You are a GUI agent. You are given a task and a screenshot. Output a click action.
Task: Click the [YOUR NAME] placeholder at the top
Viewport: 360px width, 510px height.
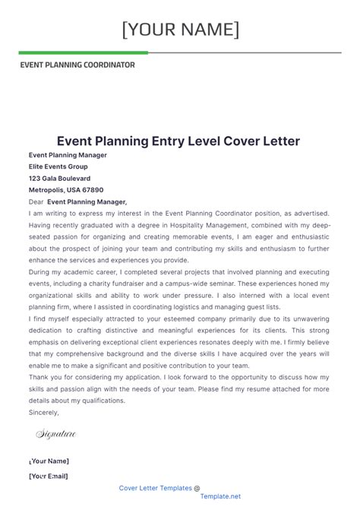pyautogui.click(x=180, y=30)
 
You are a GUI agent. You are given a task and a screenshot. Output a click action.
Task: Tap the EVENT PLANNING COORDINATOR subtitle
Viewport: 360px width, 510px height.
pyautogui.click(x=77, y=65)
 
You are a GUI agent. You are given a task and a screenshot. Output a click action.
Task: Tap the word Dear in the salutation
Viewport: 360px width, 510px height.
pyautogui.click(x=36, y=201)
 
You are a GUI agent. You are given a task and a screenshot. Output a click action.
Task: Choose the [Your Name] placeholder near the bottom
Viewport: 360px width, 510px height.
pyautogui.click(x=49, y=461)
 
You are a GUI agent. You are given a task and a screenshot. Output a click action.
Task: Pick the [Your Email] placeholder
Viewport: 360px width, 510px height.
pyautogui.click(x=48, y=476)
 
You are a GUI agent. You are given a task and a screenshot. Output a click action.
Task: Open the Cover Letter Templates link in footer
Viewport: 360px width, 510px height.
pyautogui.click(x=155, y=488)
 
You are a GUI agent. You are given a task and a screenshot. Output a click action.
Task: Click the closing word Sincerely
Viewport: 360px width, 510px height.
pyautogui.click(x=43, y=412)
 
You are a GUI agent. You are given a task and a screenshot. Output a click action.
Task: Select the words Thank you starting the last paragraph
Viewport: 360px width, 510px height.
pyautogui.click(x=45, y=377)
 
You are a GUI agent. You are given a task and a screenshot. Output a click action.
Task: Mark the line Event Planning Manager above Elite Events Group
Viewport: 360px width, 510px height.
pyautogui.click(x=68, y=155)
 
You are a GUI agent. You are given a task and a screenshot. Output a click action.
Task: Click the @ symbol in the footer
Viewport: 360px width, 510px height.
pyautogui.click(x=197, y=488)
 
